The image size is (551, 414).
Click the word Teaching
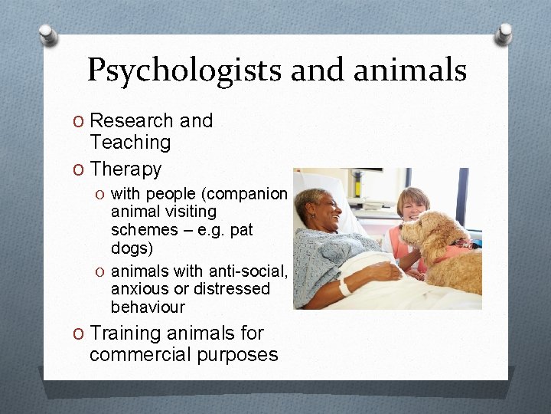pos(130,142)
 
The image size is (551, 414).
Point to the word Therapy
pos(126,169)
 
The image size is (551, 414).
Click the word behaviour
pos(148,307)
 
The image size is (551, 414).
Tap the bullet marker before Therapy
pos(79,169)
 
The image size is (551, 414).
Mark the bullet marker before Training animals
pos(79,334)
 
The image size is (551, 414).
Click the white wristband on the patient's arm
pos(346,287)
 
